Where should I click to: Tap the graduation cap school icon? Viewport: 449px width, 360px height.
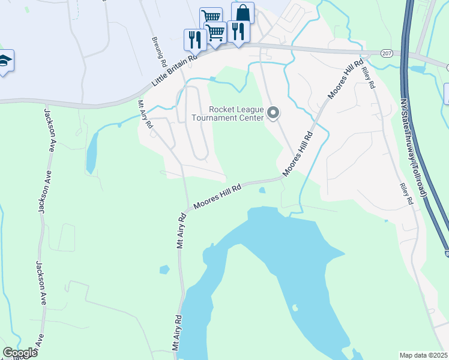click(5, 61)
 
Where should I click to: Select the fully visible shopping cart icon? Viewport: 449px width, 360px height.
click(215, 32)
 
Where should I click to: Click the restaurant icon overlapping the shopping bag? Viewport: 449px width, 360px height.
click(238, 31)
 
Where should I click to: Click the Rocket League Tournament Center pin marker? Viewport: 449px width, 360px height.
click(273, 113)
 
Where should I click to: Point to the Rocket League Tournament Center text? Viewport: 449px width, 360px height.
click(236, 113)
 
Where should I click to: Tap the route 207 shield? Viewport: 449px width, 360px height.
click(386, 53)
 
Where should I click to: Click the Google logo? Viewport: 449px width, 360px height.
click(20, 353)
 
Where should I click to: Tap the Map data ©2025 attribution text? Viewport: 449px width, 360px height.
click(423, 355)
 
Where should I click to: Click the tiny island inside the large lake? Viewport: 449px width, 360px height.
click(294, 308)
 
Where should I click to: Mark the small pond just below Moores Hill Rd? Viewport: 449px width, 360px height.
click(262, 191)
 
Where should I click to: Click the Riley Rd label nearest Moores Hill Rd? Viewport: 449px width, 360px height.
click(368, 77)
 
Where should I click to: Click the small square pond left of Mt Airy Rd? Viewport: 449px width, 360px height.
click(164, 269)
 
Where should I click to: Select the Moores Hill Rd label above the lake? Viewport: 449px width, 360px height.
click(217, 197)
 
